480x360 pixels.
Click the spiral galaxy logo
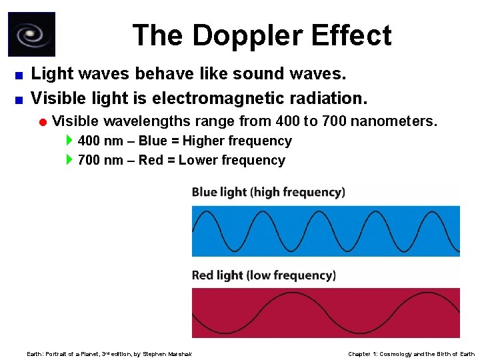31,34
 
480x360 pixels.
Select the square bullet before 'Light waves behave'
19,75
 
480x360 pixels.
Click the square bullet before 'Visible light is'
19,100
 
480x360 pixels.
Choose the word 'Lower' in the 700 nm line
199,160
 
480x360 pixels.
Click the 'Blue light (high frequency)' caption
268,192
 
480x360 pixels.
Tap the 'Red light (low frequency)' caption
263,275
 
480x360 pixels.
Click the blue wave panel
325,231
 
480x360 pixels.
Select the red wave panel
325,313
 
